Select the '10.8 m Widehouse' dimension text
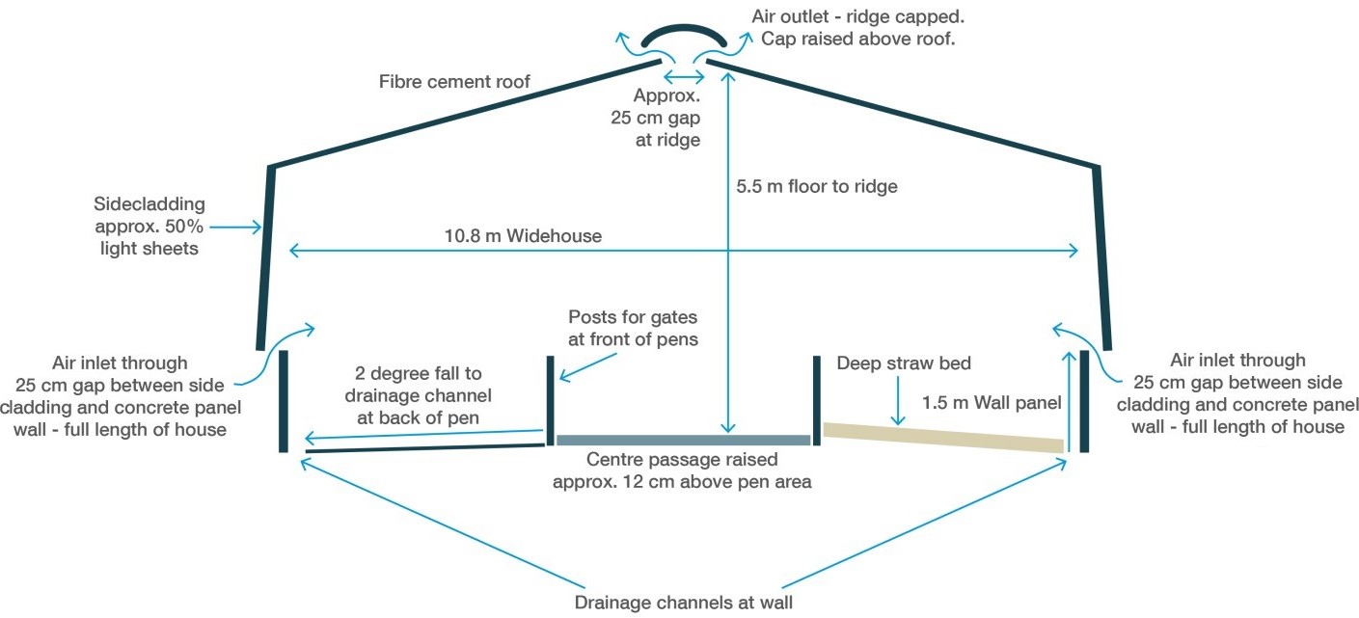pyautogui.click(x=523, y=235)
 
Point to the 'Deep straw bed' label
pyautogui.click(x=904, y=363)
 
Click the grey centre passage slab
pyautogui.click(x=683, y=440)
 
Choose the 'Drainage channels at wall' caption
pyautogui.click(x=683, y=604)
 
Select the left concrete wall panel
pyautogui.click(x=284, y=401)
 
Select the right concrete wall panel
pyautogui.click(x=1084, y=401)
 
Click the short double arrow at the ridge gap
pyautogui.click(x=683, y=76)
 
